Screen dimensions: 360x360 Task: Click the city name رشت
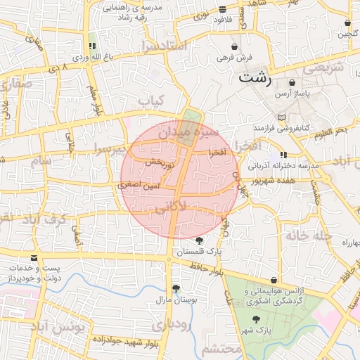[x=254, y=77]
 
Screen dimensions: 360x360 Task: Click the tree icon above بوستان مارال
[x=176, y=288]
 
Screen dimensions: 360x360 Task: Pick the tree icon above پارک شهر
[x=258, y=319]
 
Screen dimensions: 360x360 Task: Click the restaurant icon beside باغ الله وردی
[x=92, y=46]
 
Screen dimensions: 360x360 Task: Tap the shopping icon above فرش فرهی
[x=234, y=46]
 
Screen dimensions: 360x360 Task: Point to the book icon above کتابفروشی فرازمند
[x=282, y=117]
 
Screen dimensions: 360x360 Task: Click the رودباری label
[x=171, y=325]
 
